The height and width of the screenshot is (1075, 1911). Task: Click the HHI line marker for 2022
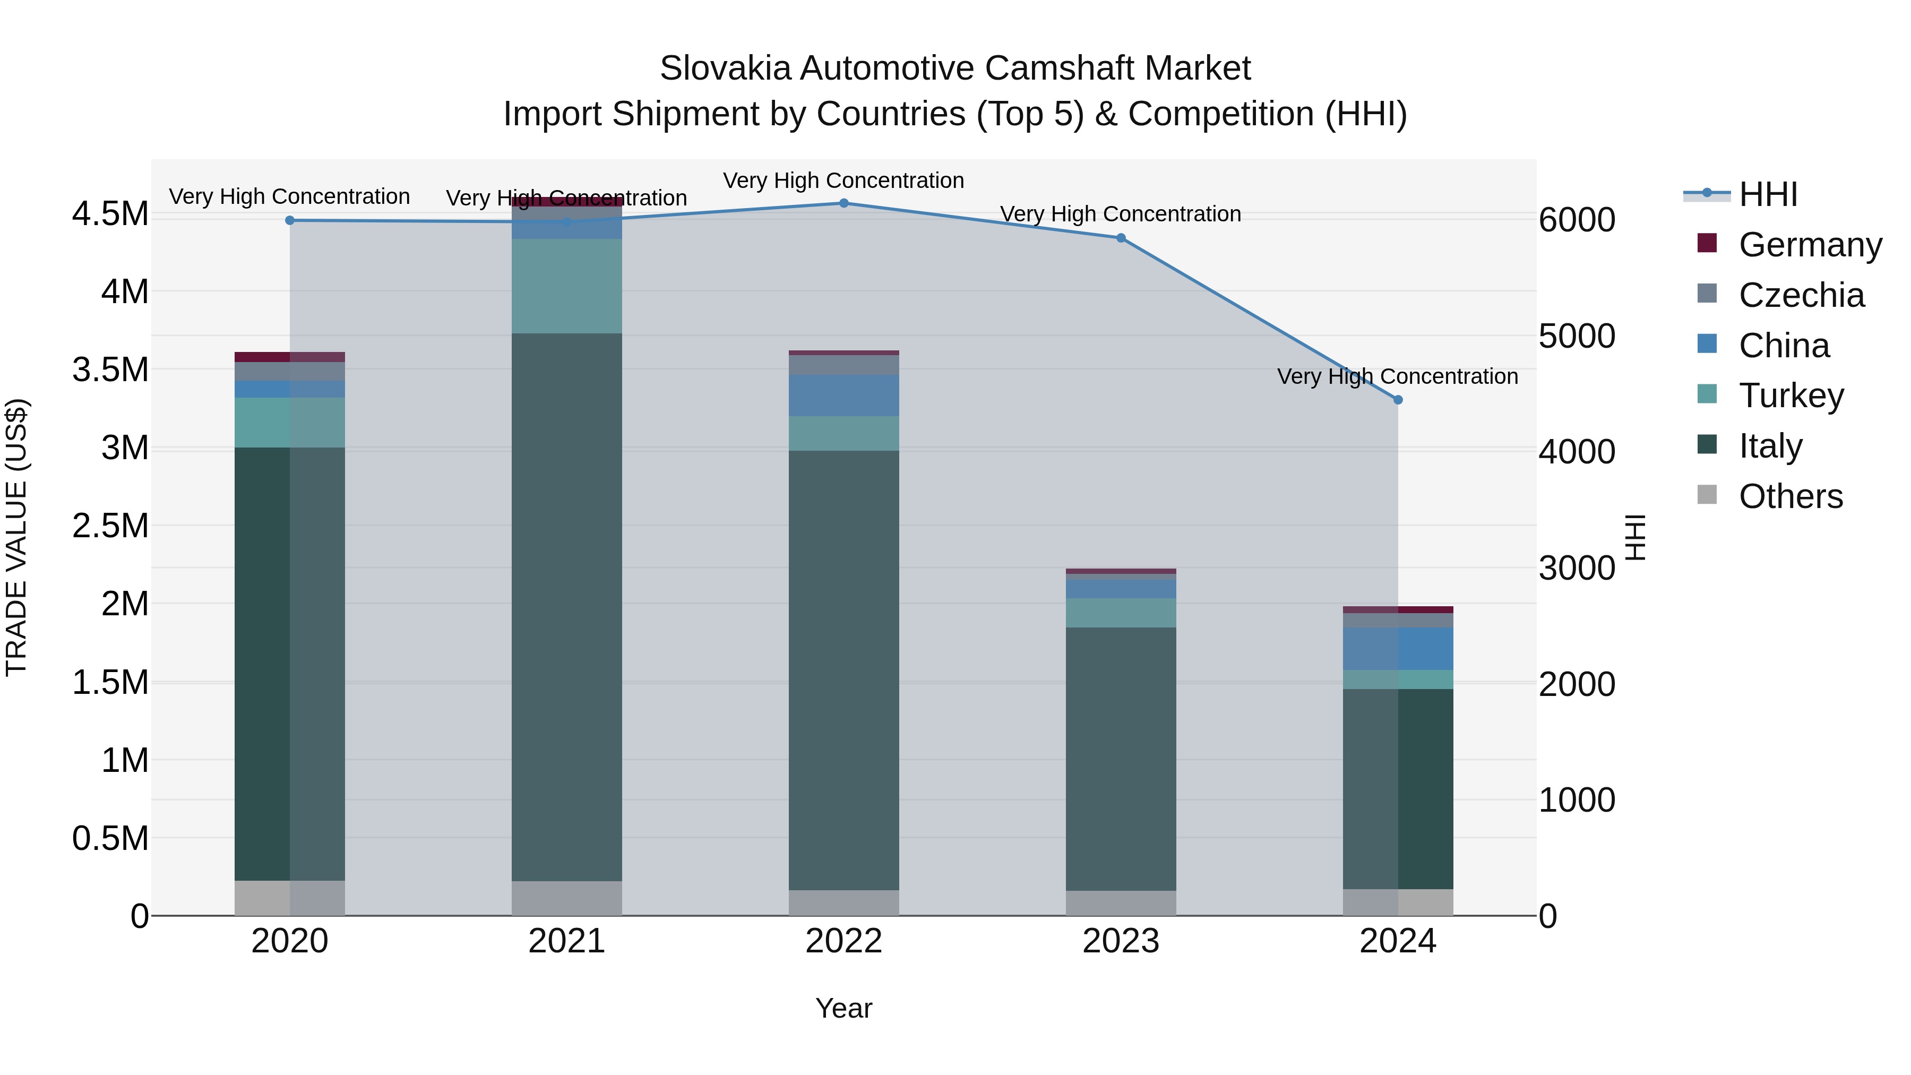[x=843, y=203]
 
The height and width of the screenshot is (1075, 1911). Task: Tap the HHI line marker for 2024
[x=1398, y=400]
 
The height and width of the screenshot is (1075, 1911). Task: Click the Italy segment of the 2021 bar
[x=567, y=607]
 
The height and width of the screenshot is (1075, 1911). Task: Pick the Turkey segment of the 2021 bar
[x=567, y=286]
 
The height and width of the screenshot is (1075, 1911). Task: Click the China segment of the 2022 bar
[x=843, y=395]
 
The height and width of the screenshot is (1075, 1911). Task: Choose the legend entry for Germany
[x=1810, y=245]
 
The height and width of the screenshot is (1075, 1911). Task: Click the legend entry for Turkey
[x=1791, y=395]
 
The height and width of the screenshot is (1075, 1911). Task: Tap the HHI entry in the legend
[x=1768, y=194]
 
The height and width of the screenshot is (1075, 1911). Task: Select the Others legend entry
[x=1790, y=496]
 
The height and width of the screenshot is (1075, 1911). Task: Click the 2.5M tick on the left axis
[x=110, y=526]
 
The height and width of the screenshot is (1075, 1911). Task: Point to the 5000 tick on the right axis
[x=1577, y=336]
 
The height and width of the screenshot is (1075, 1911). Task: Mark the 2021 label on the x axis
[x=567, y=941]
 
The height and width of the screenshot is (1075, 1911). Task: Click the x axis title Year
[x=843, y=1008]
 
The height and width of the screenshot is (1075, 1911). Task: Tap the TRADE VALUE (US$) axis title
[x=17, y=537]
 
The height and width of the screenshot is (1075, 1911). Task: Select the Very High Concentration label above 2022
[x=843, y=180]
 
